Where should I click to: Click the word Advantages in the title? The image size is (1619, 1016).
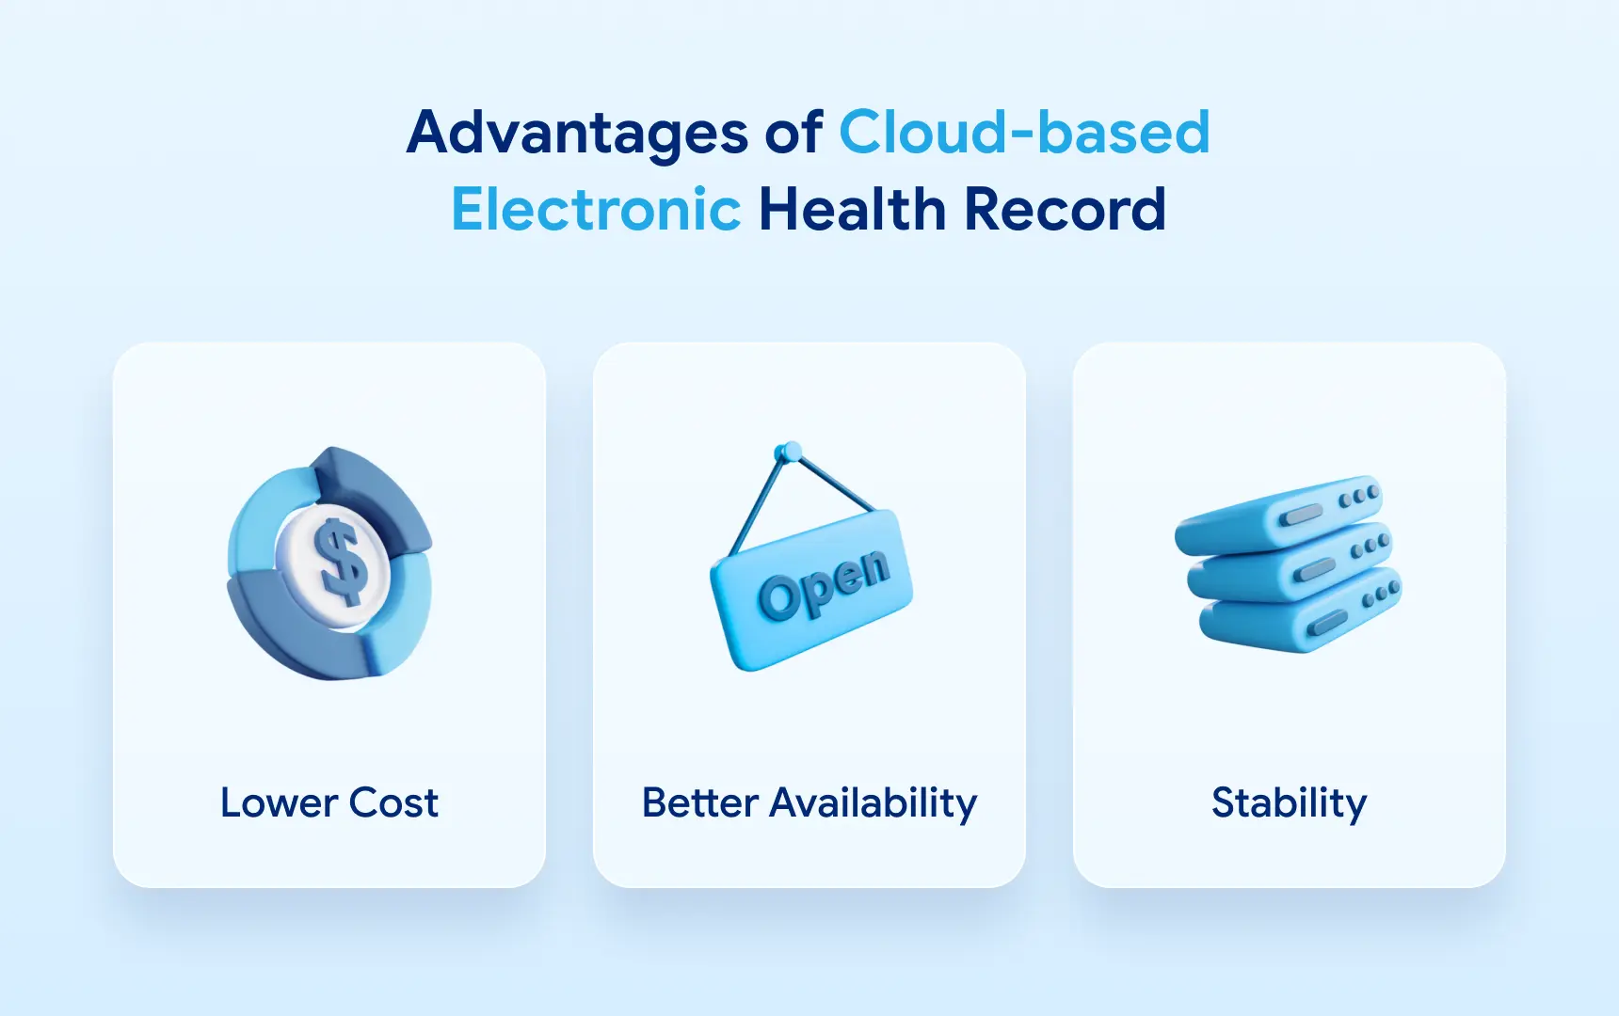click(x=578, y=133)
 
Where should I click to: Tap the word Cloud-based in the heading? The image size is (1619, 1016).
click(x=1024, y=132)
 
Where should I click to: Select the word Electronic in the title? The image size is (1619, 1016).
click(x=596, y=209)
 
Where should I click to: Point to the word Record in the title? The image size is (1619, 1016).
click(x=1065, y=209)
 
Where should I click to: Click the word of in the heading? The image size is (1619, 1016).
click(x=793, y=133)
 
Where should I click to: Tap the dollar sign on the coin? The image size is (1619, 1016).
click(x=340, y=562)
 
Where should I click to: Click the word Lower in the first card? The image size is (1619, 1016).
click(x=279, y=803)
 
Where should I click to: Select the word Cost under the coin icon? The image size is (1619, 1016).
click(x=393, y=803)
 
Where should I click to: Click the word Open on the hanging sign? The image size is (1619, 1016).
click(x=824, y=584)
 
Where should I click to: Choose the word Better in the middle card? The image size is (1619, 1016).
click(x=700, y=803)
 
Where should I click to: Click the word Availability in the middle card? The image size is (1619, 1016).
click(x=874, y=804)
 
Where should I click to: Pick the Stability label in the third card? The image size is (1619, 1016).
click(x=1289, y=804)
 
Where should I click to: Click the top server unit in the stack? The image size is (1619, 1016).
click(x=1279, y=515)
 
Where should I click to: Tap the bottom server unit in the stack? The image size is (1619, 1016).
click(x=1300, y=612)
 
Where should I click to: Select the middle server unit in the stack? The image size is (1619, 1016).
click(x=1290, y=563)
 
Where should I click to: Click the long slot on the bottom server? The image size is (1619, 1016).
click(x=1328, y=622)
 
